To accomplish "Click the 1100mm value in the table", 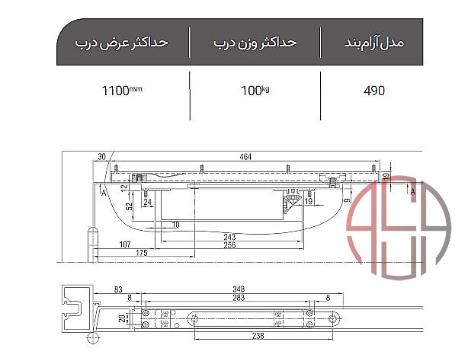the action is tap(122, 91).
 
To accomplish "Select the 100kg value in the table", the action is tap(255, 91).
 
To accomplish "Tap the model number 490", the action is tap(374, 91).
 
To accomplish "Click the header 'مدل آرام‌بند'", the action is tap(374, 43).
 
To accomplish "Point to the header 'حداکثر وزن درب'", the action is tap(255, 43).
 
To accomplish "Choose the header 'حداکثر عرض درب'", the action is tap(121, 43).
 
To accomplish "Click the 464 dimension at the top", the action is tap(245, 157).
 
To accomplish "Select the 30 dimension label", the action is tap(102, 157).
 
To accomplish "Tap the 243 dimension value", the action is tap(229, 237).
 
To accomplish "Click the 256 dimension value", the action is tap(229, 245).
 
